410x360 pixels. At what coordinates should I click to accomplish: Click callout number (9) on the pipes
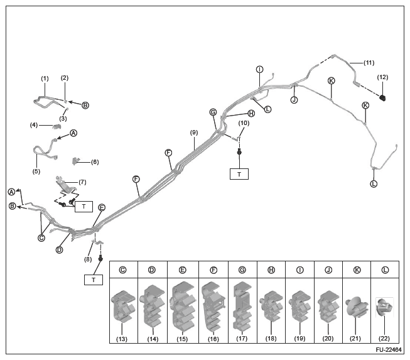point(194,132)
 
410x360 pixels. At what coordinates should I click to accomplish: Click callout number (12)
point(382,77)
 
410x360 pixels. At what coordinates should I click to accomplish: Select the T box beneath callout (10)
point(239,174)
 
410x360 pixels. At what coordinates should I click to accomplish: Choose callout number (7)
point(82,182)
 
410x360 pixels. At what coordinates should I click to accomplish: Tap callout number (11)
point(369,63)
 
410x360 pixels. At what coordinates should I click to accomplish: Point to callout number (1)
point(45,79)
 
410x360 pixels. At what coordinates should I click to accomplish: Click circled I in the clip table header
point(299,270)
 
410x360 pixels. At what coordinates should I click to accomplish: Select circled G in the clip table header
point(242,270)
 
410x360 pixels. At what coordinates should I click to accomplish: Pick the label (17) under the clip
point(242,340)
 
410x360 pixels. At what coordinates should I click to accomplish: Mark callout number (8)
point(89,258)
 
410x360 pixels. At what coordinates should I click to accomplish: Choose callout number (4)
point(34,125)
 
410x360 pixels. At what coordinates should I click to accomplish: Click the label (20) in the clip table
point(328,340)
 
